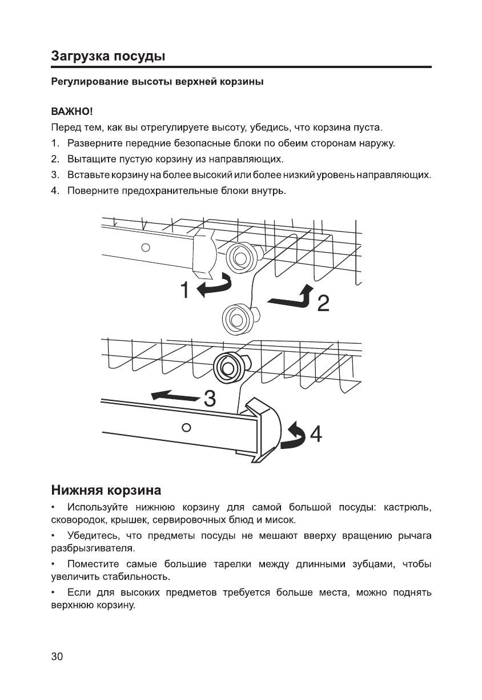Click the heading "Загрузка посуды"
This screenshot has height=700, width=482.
(108, 56)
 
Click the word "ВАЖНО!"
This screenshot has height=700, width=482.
(72, 111)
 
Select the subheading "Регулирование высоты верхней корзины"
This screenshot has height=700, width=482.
(157, 82)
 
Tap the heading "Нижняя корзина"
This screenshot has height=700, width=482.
(106, 490)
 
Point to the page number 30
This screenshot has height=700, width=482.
(57, 657)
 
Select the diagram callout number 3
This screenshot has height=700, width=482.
(210, 399)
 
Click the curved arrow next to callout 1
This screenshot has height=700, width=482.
(215, 285)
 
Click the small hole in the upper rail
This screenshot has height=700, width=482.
(146, 248)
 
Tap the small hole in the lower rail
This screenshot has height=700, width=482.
(185, 427)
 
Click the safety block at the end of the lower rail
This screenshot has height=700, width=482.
(263, 429)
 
